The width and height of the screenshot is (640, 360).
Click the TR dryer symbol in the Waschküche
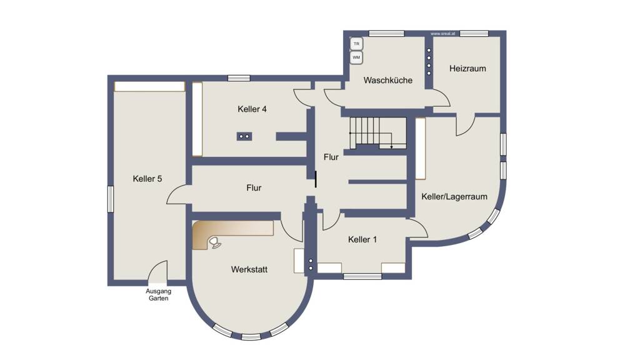click(x=356, y=44)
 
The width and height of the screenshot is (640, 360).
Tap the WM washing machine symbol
click(x=356, y=57)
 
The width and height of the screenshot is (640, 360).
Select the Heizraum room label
click(x=467, y=69)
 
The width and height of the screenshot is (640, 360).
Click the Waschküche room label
click(x=387, y=80)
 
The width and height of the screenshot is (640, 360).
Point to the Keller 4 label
click(x=252, y=109)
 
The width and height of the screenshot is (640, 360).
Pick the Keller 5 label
click(x=147, y=179)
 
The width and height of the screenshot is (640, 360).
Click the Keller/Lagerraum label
click(x=454, y=197)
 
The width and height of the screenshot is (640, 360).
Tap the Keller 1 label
click(x=362, y=239)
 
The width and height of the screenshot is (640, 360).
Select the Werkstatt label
click(x=249, y=269)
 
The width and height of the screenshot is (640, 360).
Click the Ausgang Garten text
click(x=158, y=295)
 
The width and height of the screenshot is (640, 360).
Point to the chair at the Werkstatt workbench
click(x=215, y=242)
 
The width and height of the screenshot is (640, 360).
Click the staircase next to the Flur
click(x=377, y=132)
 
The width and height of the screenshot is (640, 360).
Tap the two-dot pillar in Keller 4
click(x=244, y=136)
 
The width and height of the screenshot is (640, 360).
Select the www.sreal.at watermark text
click(x=442, y=34)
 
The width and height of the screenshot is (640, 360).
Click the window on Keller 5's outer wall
click(x=111, y=199)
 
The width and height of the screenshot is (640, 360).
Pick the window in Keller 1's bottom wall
click(x=362, y=276)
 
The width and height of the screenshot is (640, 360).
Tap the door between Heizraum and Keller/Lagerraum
click(x=465, y=124)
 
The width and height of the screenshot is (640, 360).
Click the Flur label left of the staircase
click(x=331, y=157)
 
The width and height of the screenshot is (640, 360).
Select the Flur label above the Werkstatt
click(x=254, y=187)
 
